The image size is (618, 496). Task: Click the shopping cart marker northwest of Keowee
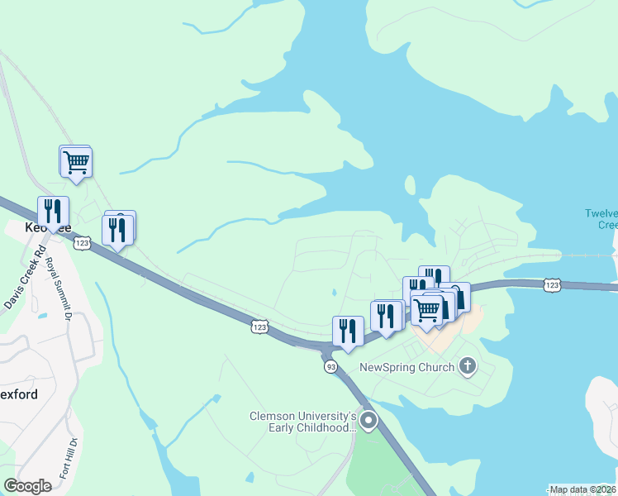pos(76,161)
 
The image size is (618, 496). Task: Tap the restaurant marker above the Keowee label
pos(53,211)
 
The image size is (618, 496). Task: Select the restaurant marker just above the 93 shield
pos(348,331)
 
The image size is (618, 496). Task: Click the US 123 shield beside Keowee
pos(81,243)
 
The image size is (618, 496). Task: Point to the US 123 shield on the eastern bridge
pos(553,285)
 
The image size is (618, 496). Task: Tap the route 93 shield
pos(330,366)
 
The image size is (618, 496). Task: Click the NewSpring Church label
pos(406,367)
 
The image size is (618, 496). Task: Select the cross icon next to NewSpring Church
pos(468,366)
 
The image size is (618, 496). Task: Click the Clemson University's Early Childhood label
pos(303,422)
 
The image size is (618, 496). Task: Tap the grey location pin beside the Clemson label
pos(368,422)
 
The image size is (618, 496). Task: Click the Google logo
pos(27,485)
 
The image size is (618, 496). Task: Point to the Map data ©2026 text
pos(583,489)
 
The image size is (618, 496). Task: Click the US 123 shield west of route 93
pos(260,328)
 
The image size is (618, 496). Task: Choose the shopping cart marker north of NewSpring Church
pos(425,310)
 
